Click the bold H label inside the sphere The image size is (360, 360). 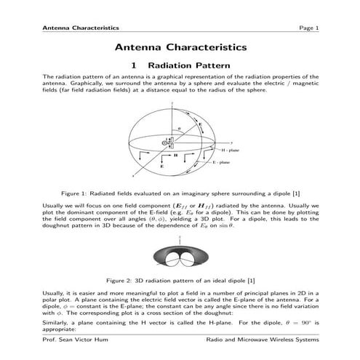pyautogui.click(x=175, y=155)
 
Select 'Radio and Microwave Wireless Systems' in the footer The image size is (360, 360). pyautogui.click(x=263, y=339)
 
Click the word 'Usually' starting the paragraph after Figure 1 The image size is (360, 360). pyautogui.click(x=55, y=207)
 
